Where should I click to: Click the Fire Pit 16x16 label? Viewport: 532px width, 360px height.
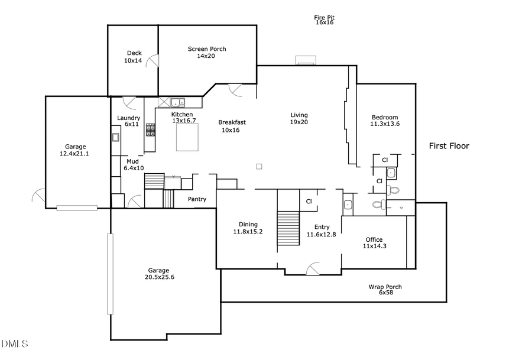(324, 20)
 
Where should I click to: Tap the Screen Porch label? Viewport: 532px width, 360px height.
(207, 53)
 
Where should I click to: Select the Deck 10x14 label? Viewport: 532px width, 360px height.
(133, 57)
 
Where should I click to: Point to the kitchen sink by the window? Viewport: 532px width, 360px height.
(178, 102)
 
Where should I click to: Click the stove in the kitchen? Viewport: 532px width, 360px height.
(151, 129)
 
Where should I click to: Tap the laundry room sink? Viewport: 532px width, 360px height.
(115, 138)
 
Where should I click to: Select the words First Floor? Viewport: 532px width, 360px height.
(449, 146)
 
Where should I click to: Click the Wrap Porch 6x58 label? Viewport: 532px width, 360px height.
(385, 290)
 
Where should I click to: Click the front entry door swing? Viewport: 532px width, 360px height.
(313, 269)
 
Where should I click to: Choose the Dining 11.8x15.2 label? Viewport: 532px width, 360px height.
(248, 228)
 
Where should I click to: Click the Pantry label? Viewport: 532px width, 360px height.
(197, 199)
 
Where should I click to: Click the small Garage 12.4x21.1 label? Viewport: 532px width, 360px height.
(76, 150)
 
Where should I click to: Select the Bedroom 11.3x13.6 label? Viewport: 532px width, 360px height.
(385, 121)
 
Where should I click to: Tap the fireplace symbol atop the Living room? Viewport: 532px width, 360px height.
(306, 60)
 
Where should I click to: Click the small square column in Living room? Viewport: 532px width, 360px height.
(259, 166)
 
